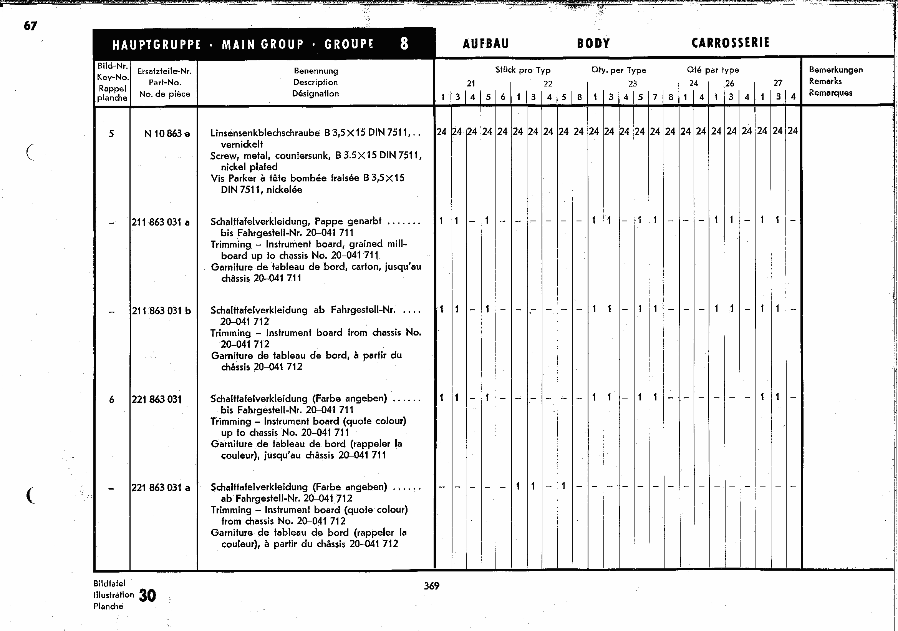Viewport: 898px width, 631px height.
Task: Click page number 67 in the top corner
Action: tap(30, 26)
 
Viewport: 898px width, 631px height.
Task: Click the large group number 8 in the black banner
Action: tap(404, 43)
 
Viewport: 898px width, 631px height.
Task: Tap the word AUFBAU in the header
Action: tap(486, 43)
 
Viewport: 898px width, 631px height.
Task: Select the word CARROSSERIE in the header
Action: tap(730, 43)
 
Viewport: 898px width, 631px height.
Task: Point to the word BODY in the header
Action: tap(593, 43)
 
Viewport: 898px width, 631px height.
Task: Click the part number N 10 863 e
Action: tap(167, 134)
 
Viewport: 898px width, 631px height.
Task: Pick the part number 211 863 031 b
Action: tap(161, 311)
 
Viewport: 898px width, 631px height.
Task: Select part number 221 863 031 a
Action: tap(161, 488)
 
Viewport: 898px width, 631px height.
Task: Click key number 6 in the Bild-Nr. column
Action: tap(112, 400)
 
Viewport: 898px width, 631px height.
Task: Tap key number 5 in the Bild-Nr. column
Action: tap(111, 134)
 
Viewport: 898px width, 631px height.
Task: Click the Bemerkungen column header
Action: tap(836, 70)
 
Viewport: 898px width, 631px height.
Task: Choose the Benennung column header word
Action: tap(316, 71)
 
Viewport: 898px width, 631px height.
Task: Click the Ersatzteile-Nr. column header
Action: tap(164, 71)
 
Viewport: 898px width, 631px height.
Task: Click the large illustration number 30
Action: tap(147, 595)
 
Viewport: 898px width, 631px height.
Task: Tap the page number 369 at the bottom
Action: tap(432, 586)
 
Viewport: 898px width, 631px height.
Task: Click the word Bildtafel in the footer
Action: tap(109, 583)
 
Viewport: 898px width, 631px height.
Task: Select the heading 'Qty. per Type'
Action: tap(619, 70)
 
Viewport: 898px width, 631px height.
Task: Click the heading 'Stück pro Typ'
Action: tap(523, 70)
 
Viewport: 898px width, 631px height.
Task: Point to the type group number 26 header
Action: tap(730, 83)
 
